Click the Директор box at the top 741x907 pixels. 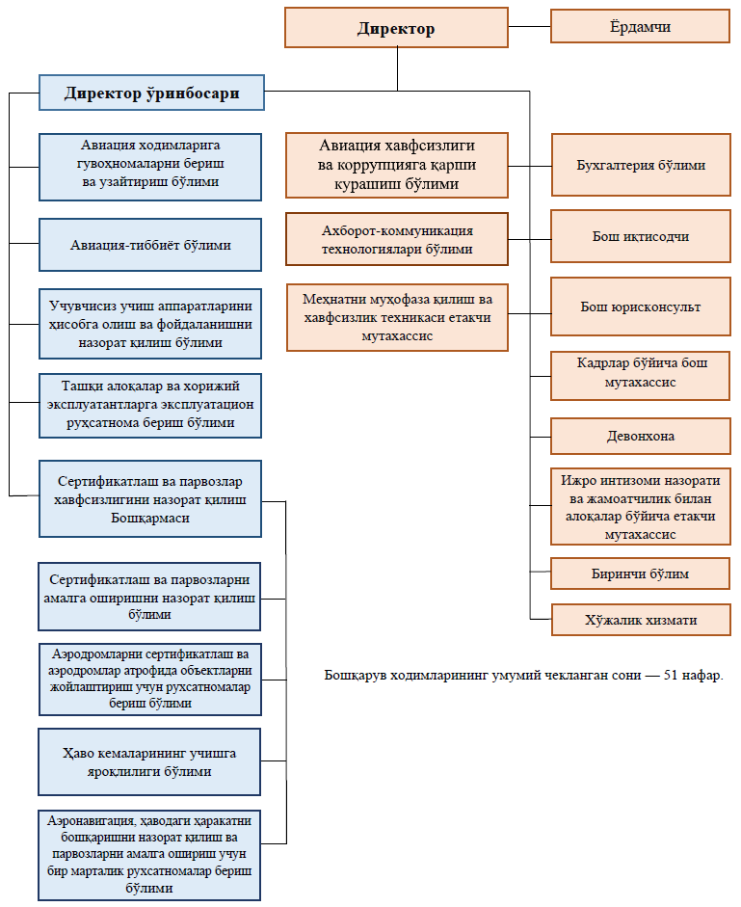[396, 28]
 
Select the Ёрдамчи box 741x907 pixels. [640, 26]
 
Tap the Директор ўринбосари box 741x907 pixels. [151, 93]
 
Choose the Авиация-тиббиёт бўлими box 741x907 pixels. [150, 245]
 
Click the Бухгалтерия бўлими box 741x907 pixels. [641, 165]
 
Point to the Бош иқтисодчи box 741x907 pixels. [641, 236]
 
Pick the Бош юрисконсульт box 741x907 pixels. [641, 307]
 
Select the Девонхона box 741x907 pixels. [641, 436]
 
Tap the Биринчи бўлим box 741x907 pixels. [641, 574]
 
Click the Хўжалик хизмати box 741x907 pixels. [641, 620]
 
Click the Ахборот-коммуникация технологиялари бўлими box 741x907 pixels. [397, 239]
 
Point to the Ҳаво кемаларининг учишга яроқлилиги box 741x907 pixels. [149, 761]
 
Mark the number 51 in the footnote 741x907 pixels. [671, 675]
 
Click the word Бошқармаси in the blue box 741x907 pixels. [150, 518]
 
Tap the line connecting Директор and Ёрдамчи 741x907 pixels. [529, 27]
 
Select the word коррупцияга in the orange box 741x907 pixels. [377, 165]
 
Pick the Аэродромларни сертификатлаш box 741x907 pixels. [150, 680]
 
